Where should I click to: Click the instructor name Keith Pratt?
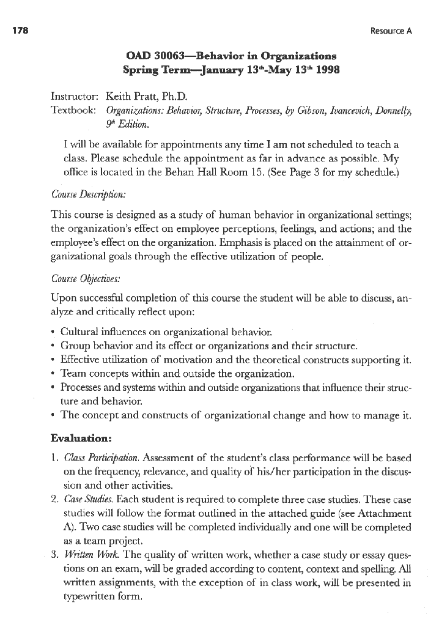point(131,97)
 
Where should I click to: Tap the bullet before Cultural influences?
point(54,332)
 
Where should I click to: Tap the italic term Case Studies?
point(84,500)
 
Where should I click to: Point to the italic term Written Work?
point(86,556)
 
